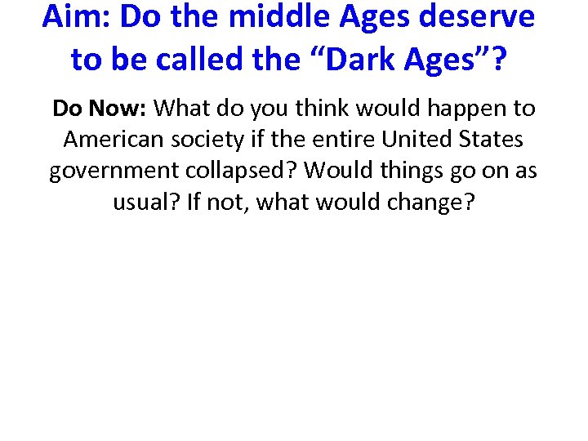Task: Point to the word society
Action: click(208, 140)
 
